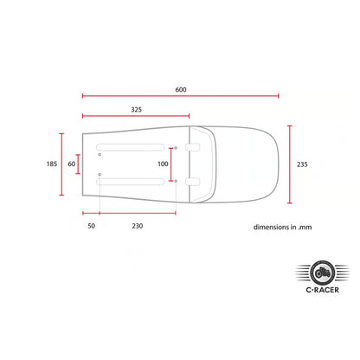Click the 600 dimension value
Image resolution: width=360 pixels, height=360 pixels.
coord(181,90)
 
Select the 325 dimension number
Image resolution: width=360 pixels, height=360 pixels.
coord(137,110)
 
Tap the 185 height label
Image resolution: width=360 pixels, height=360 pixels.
coord(52,164)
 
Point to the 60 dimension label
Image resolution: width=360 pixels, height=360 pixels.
coord(72,164)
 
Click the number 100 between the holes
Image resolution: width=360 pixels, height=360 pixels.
coord(163,164)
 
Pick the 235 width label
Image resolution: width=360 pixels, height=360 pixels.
coord(302,164)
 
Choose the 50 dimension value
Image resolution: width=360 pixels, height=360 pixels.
coord(92,226)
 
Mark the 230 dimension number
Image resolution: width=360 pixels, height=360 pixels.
coord(138,226)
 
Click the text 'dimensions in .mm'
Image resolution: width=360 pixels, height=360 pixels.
coord(283,228)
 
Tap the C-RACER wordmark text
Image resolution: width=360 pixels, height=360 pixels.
coord(323,290)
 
